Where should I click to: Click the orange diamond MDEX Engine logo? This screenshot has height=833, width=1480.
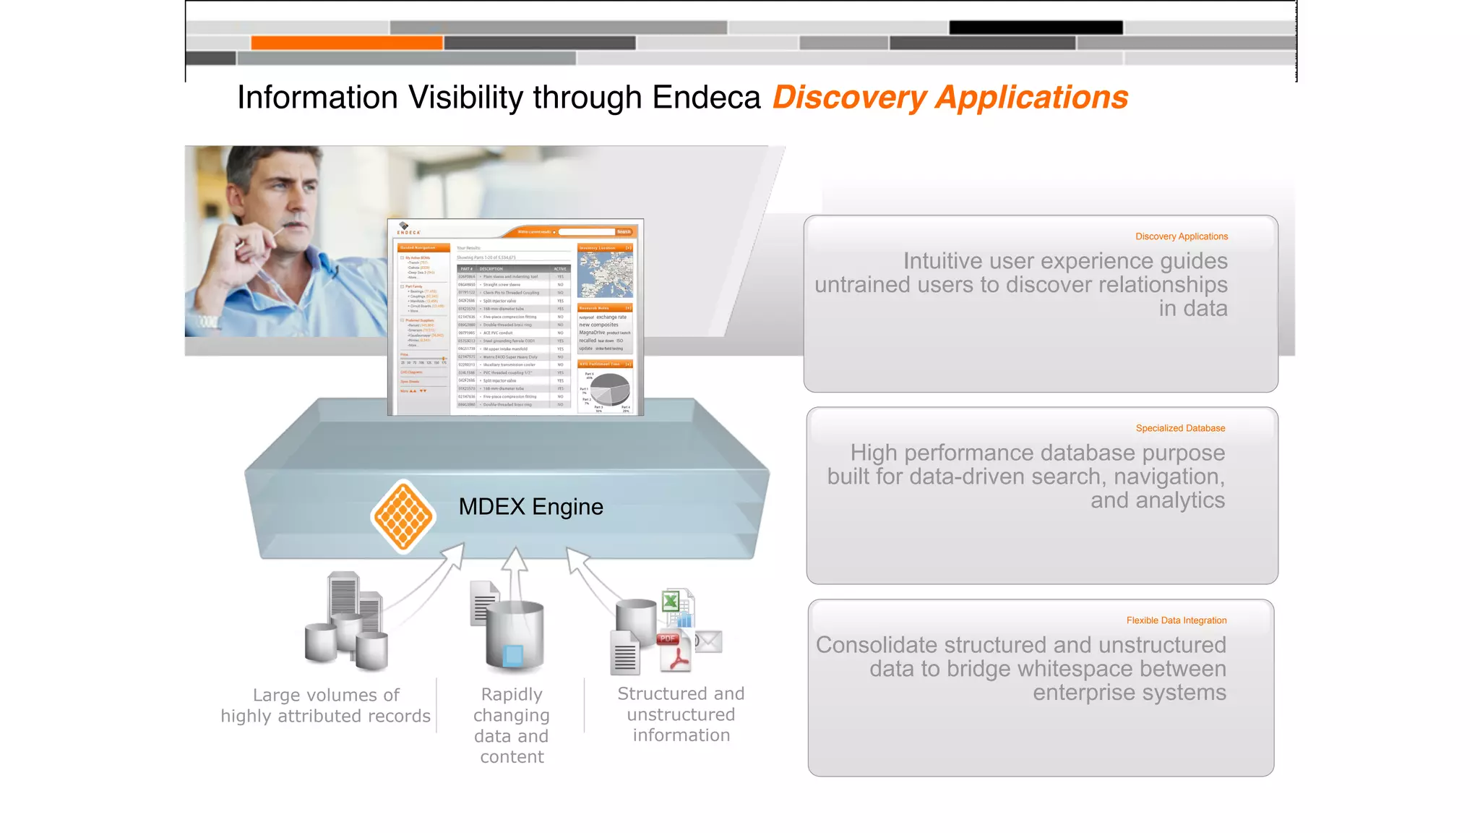click(x=403, y=516)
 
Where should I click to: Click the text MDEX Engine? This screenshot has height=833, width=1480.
click(x=530, y=507)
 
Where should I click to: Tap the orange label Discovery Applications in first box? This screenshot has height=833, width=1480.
click(x=1181, y=236)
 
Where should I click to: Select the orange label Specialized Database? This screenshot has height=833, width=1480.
click(x=1180, y=428)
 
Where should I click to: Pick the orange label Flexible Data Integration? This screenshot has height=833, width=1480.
click(x=1176, y=620)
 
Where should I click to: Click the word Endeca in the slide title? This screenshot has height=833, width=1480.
click(x=706, y=98)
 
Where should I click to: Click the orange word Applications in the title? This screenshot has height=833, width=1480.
click(x=1031, y=98)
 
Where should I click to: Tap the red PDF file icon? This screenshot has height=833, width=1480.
click(x=674, y=651)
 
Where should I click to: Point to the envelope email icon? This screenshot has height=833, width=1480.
click(x=708, y=641)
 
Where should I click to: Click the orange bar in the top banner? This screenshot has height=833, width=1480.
click(x=347, y=43)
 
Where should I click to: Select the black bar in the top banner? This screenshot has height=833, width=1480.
click(x=1036, y=27)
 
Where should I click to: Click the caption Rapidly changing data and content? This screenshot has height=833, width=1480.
click(x=512, y=725)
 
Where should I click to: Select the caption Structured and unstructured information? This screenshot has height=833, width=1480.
click(x=681, y=714)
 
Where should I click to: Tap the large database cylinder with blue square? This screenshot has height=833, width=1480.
click(x=514, y=636)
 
